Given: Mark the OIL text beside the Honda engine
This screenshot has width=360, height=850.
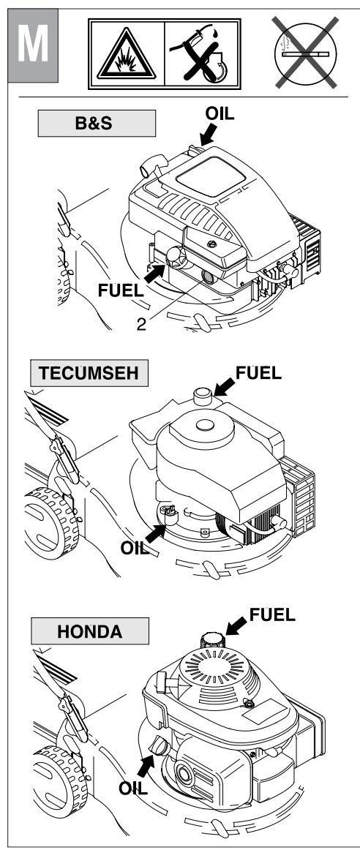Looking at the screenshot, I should (133, 789).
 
